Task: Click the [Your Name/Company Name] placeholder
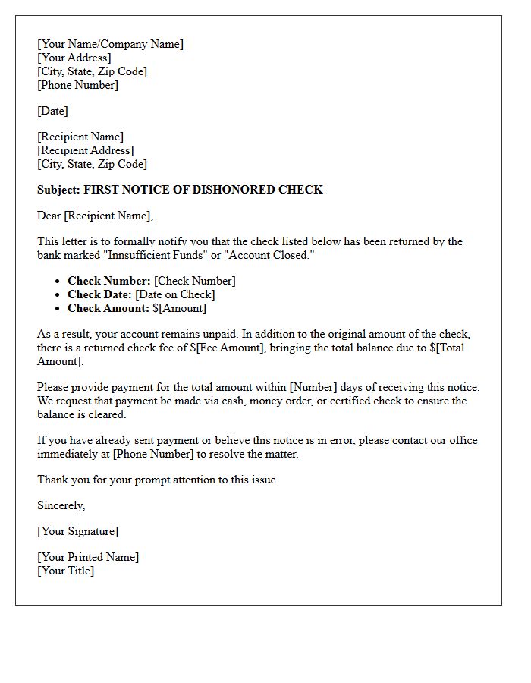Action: tap(110, 44)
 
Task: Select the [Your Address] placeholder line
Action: tap(74, 58)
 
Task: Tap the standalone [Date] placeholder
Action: tap(52, 111)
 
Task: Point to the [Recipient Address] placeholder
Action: tap(85, 150)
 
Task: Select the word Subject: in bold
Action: tap(58, 190)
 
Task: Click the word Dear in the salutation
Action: tap(49, 216)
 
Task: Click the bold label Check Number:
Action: tap(109, 281)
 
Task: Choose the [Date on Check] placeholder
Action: tap(175, 294)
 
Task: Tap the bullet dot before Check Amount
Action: tap(58, 309)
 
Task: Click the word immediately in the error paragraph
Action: tap(72, 454)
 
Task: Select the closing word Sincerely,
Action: tap(61, 505)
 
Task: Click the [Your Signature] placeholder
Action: tap(77, 531)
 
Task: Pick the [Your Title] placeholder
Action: tap(65, 571)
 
